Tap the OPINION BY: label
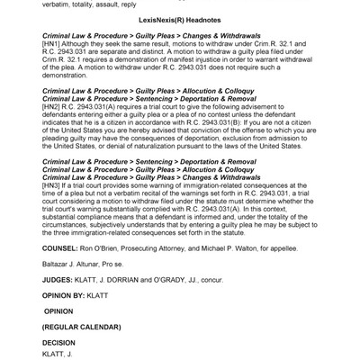pos(68,319)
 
